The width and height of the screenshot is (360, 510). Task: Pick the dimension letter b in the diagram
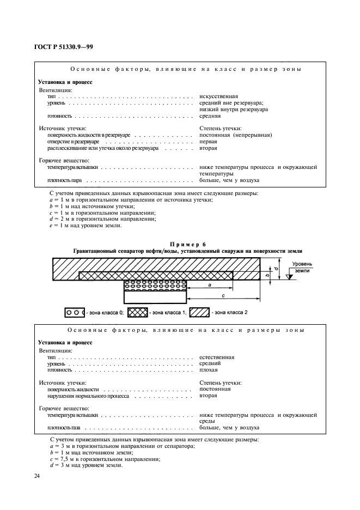(267, 276)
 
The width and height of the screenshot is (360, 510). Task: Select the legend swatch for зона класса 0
(74, 313)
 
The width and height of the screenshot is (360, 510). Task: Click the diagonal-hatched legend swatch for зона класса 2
(199, 313)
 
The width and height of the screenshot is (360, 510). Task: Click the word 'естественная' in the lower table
(217, 357)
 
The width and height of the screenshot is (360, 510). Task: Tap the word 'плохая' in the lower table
(209, 370)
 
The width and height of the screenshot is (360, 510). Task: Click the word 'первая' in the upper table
(209, 142)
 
